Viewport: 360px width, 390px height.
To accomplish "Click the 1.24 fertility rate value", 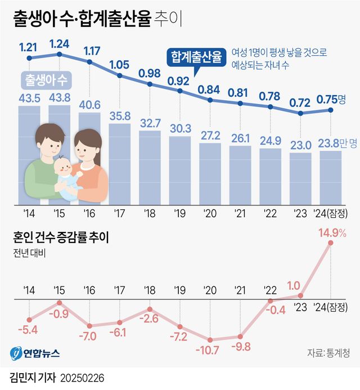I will [60, 42].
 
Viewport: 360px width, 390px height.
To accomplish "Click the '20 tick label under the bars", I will [210, 214].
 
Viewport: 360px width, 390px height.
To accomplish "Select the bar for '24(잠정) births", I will [331, 178].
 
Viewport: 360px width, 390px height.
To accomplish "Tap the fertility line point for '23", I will [301, 113].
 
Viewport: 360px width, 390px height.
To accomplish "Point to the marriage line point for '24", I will [331, 243].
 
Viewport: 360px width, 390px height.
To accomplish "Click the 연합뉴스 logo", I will [35, 353].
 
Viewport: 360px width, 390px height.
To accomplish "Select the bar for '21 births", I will [240, 175].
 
